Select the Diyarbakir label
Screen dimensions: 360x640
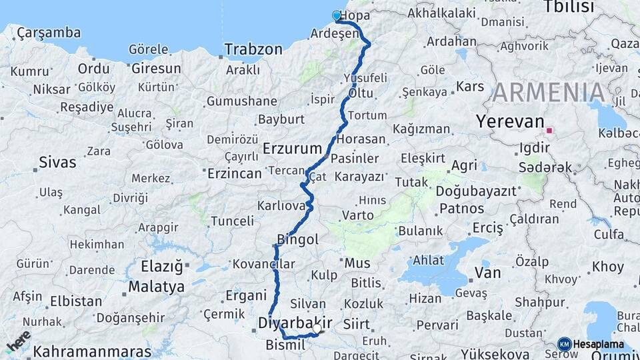coord(295,323)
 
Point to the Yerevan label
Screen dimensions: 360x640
coord(510,121)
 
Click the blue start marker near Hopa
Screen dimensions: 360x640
coord(337,15)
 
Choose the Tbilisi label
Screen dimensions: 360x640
coord(568,7)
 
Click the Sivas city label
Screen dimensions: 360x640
coord(57,162)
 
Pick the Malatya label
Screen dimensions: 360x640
coord(156,287)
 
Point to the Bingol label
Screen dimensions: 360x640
coord(297,239)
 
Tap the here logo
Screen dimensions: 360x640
coord(18,341)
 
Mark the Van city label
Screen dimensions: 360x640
coord(487,273)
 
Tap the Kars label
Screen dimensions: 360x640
coord(470,87)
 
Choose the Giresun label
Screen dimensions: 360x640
coord(156,69)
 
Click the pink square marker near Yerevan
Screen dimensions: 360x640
coord(550,131)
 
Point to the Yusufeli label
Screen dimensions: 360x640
coord(365,77)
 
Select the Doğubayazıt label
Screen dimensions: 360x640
coord(477,191)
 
